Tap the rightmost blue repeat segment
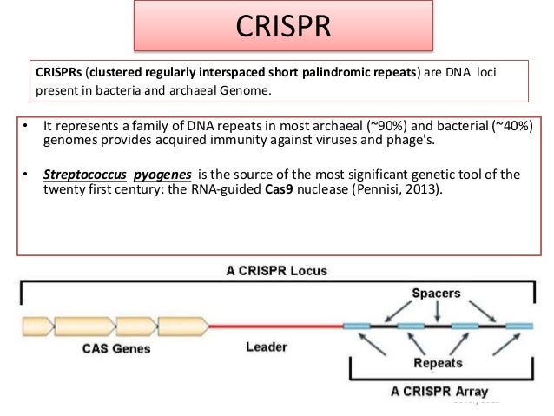coord(519,327)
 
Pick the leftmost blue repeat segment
coord(356,327)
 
